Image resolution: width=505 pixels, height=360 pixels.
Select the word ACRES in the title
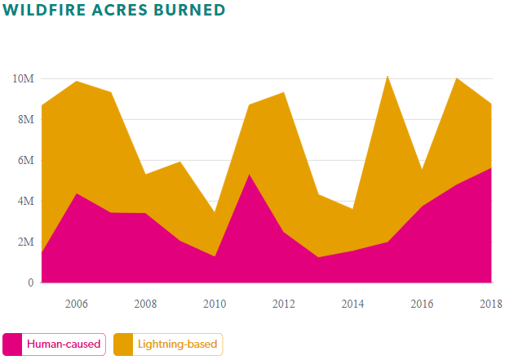(120, 11)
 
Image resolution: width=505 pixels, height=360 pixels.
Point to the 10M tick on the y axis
(23, 79)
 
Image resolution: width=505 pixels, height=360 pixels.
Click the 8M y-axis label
(25, 120)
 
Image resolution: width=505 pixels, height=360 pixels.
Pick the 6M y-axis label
(25, 161)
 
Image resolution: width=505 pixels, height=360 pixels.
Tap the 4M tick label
(25, 202)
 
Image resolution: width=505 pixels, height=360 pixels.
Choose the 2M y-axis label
(25, 242)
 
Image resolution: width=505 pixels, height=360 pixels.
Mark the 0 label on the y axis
(30, 283)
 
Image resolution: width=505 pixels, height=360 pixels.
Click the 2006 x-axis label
(76, 304)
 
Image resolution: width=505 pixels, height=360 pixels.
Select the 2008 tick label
(145, 304)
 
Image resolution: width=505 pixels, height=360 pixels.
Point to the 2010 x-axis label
(215, 304)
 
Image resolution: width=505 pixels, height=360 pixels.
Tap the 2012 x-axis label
(283, 304)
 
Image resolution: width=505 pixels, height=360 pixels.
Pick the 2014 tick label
(352, 304)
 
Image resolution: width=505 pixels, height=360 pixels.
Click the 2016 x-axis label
(422, 304)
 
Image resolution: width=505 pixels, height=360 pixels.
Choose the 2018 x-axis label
(490, 304)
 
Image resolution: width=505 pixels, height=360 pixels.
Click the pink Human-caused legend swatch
(13, 344)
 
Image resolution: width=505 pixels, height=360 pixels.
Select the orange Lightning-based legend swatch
(123, 344)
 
